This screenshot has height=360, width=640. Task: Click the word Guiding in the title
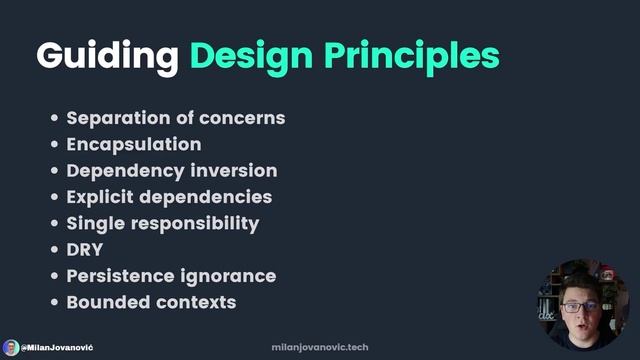[106, 56]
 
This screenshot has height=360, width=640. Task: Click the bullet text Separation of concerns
[175, 118]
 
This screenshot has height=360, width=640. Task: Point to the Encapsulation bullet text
[133, 144]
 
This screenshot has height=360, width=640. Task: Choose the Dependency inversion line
[171, 170]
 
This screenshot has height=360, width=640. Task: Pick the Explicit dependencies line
[169, 197]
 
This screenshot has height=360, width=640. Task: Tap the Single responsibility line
[162, 223]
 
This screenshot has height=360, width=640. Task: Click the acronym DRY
[85, 249]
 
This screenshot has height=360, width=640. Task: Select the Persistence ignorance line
[171, 275]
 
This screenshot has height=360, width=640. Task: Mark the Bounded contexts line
[151, 301]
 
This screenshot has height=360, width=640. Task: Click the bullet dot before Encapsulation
[55, 145]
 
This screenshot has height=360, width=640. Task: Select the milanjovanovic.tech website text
[320, 347]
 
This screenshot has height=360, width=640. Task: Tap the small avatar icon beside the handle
[10, 347]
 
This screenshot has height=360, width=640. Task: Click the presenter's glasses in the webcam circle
[580, 306]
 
